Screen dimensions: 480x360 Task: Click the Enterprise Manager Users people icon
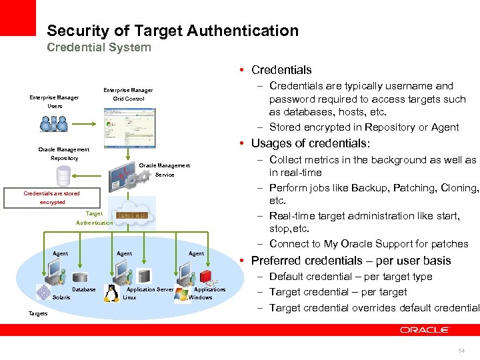pos(54,123)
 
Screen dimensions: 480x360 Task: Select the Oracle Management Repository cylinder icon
pos(64,176)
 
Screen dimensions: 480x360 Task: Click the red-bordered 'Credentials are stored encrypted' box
pos(51,197)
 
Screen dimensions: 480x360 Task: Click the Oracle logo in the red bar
pos(425,329)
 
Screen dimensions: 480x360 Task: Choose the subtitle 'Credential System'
pos(99,47)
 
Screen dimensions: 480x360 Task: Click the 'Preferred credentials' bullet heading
pos(351,261)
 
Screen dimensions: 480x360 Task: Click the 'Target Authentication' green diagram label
pos(94,218)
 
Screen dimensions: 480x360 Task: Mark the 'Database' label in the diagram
pos(84,289)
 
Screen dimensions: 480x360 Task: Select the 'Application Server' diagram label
pos(150,289)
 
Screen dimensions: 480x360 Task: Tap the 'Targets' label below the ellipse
pos(38,313)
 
